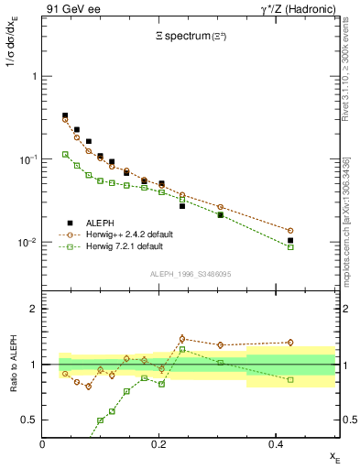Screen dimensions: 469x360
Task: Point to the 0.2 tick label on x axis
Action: (x=159, y=444)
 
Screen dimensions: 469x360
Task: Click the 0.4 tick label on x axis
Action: (x=276, y=444)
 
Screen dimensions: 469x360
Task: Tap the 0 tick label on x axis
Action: (x=43, y=444)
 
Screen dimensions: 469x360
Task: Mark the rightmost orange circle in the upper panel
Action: (x=316, y=231)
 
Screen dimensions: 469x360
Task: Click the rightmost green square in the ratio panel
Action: (x=316, y=379)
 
